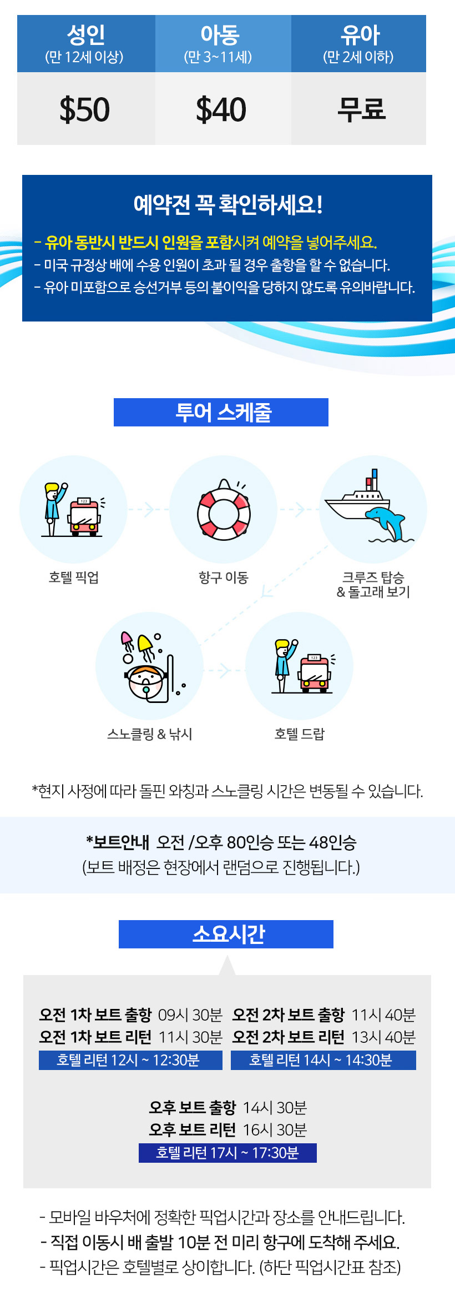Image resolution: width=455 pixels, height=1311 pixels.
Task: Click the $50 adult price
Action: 85,109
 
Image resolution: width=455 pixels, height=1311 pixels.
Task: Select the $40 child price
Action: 221,109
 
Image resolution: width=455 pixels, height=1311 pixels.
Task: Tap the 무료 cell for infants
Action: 361,109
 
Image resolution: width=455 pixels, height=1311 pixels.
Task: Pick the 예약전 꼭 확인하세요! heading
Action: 228,204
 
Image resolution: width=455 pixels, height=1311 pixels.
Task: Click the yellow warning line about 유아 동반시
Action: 206,242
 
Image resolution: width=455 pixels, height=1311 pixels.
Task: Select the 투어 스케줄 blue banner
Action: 221,413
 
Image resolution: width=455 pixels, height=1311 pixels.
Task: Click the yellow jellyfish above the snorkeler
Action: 145,645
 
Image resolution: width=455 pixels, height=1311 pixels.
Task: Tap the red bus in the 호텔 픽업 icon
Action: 84,518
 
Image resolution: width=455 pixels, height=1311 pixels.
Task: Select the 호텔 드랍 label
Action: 299,734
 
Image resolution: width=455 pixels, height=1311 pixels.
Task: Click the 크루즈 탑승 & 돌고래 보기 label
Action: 373,584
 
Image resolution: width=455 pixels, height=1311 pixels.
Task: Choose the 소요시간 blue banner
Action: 226,934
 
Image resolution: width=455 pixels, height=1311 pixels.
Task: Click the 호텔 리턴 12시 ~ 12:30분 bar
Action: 130,1060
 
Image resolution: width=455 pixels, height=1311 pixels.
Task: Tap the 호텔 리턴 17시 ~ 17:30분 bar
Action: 228,1153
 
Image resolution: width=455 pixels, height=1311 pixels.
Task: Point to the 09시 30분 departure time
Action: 190,1015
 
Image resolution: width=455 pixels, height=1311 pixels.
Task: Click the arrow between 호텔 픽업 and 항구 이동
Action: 148,509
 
